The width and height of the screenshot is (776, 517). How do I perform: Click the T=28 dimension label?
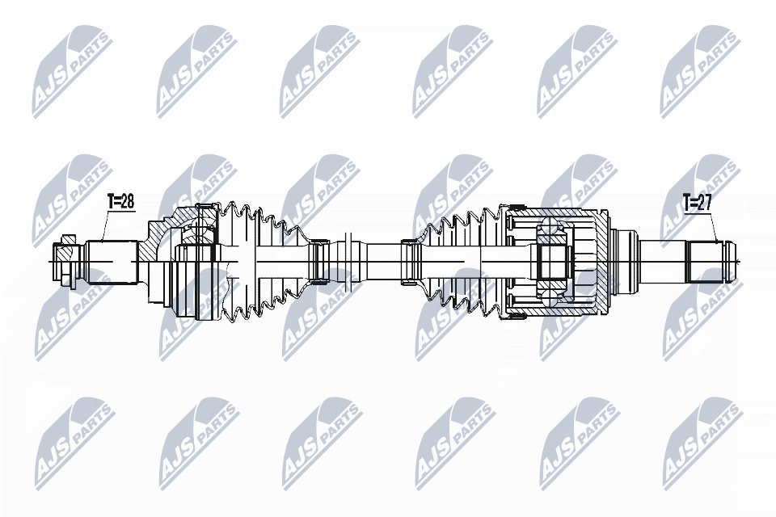(120, 202)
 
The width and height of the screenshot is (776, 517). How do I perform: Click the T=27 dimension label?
(697, 203)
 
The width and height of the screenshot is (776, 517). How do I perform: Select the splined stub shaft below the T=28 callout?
(108, 261)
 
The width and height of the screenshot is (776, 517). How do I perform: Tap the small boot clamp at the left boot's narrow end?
(318, 261)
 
